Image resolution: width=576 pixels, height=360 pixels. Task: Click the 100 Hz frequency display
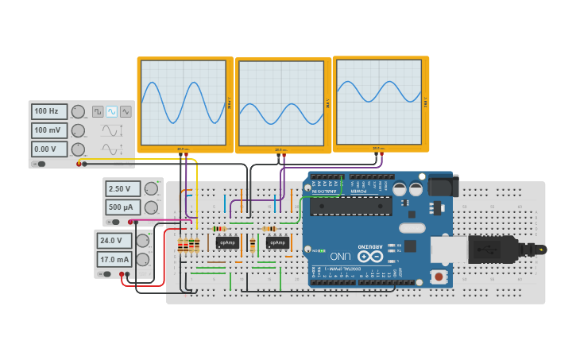tap(49, 112)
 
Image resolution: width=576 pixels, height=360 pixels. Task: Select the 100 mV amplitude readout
tap(49, 130)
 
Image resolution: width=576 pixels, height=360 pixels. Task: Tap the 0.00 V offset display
tap(49, 149)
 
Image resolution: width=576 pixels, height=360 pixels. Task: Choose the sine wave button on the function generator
tap(112, 112)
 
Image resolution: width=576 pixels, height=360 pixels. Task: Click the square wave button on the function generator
tap(98, 112)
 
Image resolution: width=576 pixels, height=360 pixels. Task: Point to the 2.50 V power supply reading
tap(123, 188)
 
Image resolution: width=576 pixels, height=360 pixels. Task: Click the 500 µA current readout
tap(123, 207)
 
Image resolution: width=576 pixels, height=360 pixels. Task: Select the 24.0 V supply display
tap(114, 240)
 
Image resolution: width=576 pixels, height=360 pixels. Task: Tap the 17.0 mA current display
tap(114, 259)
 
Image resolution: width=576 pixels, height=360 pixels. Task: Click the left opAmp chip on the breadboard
tap(227, 242)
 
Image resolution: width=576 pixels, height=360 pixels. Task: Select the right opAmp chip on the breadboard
tap(277, 242)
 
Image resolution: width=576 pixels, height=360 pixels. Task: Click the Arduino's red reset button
tap(437, 277)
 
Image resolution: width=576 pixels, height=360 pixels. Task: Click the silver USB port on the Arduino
tap(448, 249)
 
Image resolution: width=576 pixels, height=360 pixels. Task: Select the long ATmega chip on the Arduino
tap(350, 206)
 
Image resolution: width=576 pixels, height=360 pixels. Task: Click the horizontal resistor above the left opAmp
tap(218, 229)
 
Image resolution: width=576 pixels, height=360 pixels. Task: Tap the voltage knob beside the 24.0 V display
tap(143, 241)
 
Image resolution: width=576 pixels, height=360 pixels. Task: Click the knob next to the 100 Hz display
tap(78, 112)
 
